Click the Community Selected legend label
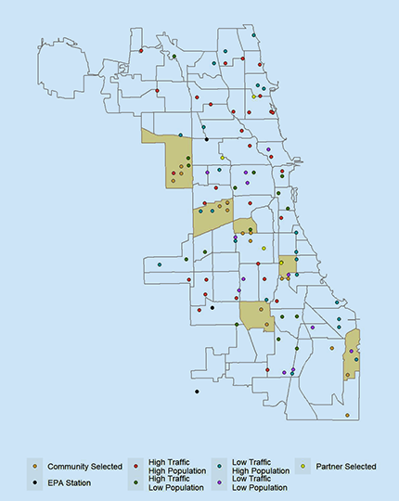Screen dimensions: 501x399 pos(84,466)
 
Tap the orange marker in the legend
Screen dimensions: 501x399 pos(37,466)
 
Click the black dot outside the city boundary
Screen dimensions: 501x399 pos(197,392)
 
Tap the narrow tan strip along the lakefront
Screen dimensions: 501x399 pos(351,354)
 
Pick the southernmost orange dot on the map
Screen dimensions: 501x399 pos(347,416)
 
